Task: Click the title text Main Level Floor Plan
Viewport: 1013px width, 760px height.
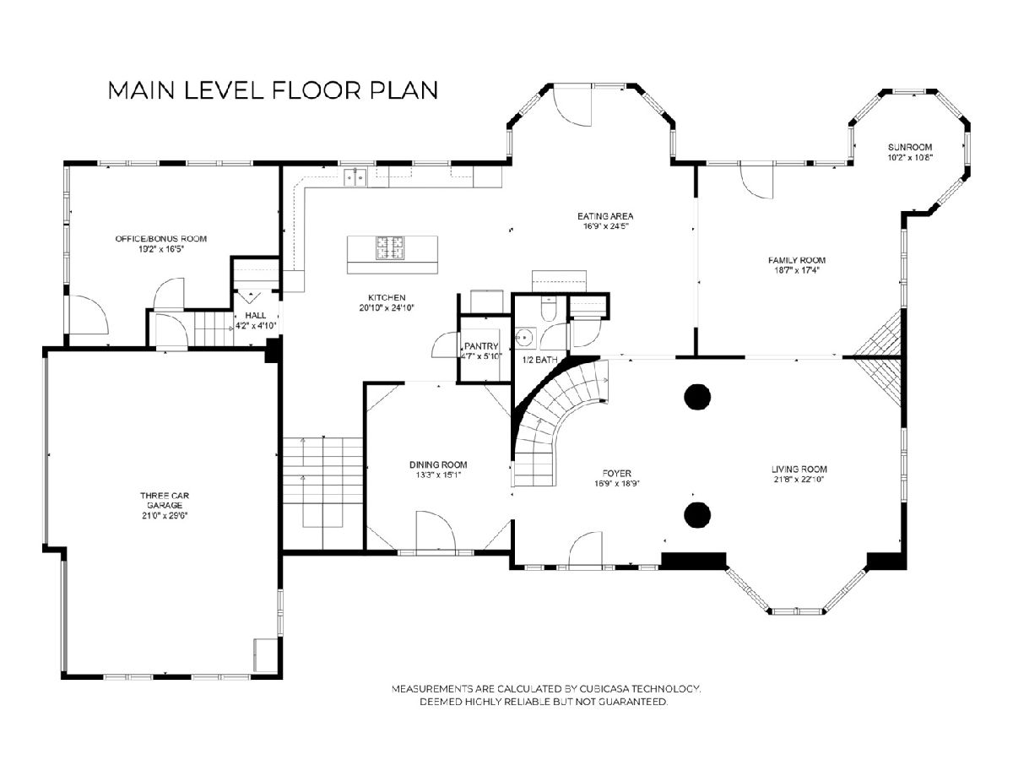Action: click(x=273, y=90)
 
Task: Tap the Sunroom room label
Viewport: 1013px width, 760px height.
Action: click(x=910, y=147)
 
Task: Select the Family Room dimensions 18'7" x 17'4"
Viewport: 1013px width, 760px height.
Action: click(x=796, y=271)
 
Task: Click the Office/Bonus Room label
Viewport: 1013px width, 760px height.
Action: click(x=160, y=239)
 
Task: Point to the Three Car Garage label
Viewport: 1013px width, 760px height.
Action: click(x=165, y=500)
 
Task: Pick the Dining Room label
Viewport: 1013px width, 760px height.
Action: click(x=438, y=464)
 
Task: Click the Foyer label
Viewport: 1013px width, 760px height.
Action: click(x=616, y=474)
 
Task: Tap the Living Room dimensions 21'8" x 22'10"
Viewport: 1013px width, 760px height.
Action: click(x=799, y=480)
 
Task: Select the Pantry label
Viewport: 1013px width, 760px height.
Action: click(x=481, y=346)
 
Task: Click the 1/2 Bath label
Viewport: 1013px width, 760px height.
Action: click(x=539, y=360)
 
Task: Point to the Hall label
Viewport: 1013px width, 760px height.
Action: click(x=255, y=315)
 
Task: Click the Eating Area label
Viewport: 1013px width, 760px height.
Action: click(x=605, y=216)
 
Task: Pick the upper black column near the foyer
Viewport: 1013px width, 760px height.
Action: click(x=697, y=396)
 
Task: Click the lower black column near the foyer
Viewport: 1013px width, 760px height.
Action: click(x=697, y=514)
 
